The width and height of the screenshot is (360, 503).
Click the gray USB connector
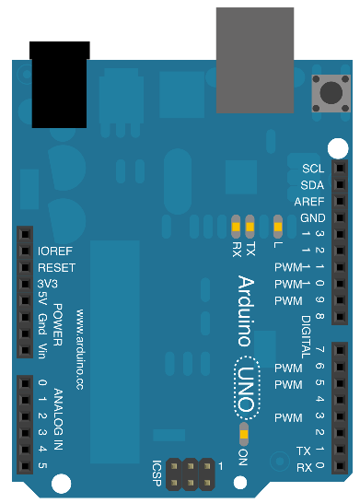coord(255,60)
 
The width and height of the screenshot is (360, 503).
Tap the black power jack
coord(59,85)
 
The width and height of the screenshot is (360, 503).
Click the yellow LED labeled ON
coord(244,434)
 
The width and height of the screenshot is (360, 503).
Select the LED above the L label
coord(278,227)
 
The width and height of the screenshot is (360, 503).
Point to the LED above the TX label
coord(250,227)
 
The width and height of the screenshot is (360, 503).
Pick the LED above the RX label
coord(236,227)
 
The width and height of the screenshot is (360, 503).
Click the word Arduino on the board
coord(246,310)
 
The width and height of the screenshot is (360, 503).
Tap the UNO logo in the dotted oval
coord(247,388)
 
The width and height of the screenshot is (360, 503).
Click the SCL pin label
coord(313,169)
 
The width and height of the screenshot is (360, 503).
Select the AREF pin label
coord(309,202)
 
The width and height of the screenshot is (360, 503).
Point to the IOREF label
coord(55,251)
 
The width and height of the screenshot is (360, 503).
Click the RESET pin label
coord(57,267)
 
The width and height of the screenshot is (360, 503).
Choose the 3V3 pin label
coord(48,284)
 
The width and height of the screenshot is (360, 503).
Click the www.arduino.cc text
coord(80,350)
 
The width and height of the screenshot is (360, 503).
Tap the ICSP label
coord(157,474)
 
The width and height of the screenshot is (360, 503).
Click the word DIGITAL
coord(306,337)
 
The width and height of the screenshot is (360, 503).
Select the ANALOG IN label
coord(58,419)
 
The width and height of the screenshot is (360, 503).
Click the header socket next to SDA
coord(340,184)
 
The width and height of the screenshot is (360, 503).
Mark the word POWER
coord(57,325)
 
